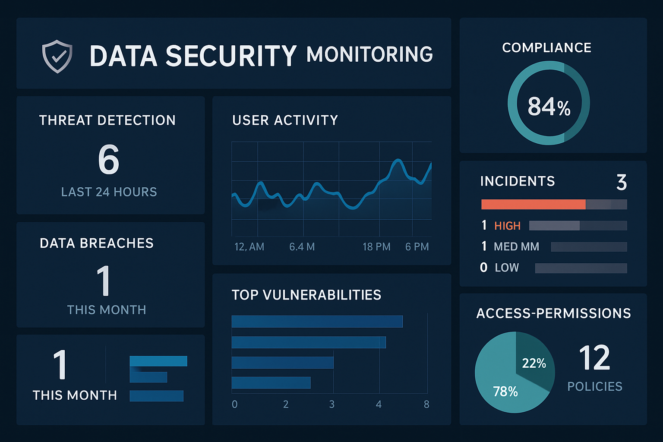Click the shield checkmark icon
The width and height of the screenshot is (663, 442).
click(x=57, y=56)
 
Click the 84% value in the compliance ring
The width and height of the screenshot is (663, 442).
click(x=549, y=106)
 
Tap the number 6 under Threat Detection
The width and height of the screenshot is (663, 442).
click(x=108, y=159)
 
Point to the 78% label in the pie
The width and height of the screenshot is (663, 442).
click(x=505, y=391)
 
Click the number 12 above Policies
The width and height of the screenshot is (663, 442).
click(x=594, y=358)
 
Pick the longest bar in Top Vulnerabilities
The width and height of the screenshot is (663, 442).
click(x=317, y=322)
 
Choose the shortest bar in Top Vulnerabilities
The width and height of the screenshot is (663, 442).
click(x=271, y=382)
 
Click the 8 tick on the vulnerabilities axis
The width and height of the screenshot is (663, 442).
click(x=426, y=404)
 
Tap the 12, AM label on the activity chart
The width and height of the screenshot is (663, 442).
click(x=249, y=247)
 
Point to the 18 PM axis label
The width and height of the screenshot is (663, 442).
click(x=376, y=247)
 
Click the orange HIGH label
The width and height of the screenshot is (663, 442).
click(x=507, y=226)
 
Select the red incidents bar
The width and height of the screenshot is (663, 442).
click(x=534, y=204)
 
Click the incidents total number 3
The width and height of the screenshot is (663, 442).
click(x=622, y=182)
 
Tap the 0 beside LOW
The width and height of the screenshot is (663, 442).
click(x=484, y=268)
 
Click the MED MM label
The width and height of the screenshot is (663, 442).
click(x=516, y=246)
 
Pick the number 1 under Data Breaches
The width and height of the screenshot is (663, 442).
click(x=104, y=281)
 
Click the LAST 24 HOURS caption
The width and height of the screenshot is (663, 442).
click(x=109, y=192)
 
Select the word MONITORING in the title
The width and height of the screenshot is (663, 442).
click(x=369, y=55)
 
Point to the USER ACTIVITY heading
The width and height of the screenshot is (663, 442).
click(x=285, y=120)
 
